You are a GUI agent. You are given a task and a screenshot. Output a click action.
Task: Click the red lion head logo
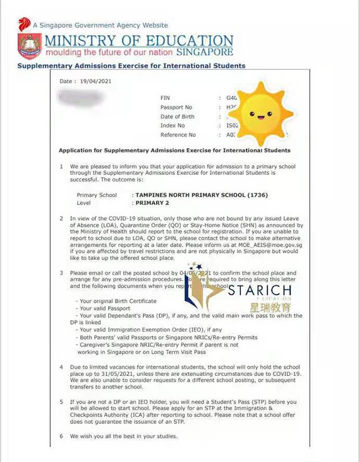point(24,25)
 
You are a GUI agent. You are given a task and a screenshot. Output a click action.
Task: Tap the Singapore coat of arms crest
point(29,46)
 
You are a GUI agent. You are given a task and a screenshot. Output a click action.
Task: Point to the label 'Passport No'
point(176,107)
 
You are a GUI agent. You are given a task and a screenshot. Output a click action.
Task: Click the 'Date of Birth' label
point(177,117)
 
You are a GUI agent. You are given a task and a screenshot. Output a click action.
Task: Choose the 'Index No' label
point(173,126)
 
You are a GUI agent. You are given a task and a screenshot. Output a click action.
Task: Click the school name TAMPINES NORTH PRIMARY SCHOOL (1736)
point(202,195)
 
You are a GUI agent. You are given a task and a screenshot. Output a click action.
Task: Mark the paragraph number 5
point(62,402)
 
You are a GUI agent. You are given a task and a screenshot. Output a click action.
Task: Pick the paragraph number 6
point(62,436)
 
